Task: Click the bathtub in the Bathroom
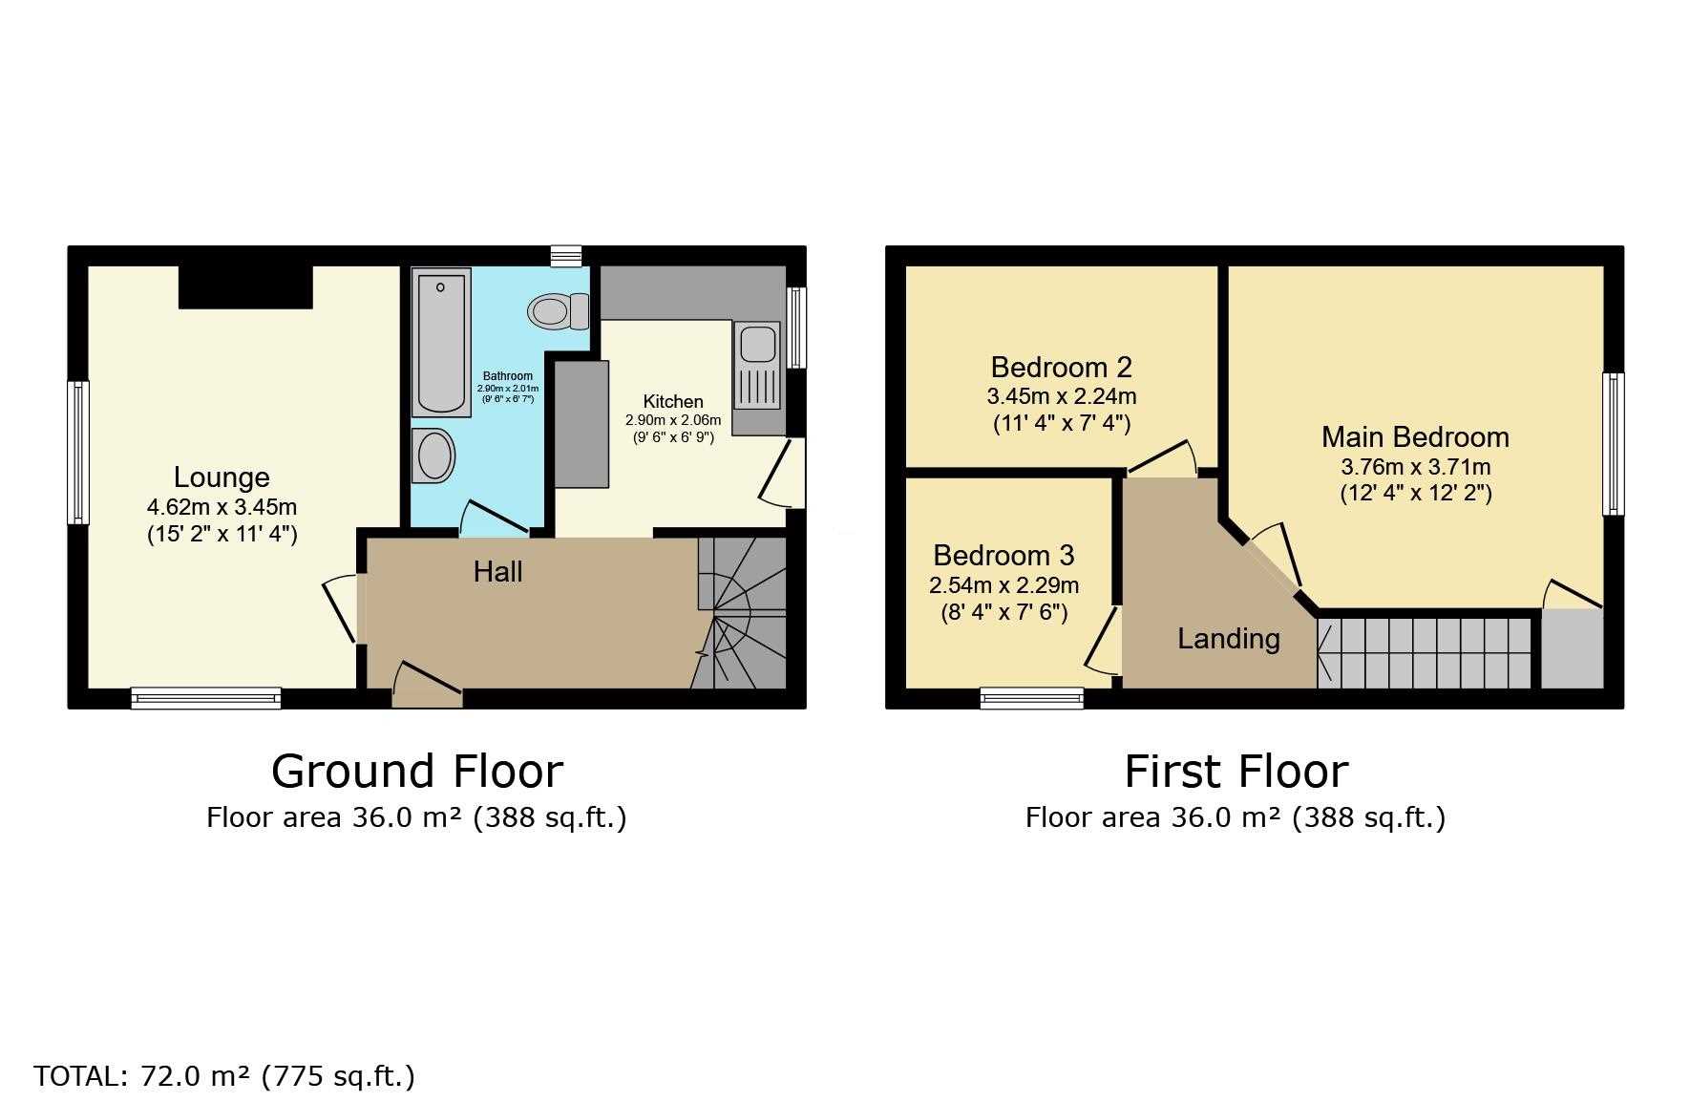(x=441, y=342)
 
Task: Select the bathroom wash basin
(x=435, y=455)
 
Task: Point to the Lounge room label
(x=222, y=477)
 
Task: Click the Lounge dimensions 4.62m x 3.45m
(x=222, y=507)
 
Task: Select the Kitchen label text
(x=673, y=402)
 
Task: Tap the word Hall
(x=497, y=571)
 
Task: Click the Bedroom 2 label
(x=1062, y=367)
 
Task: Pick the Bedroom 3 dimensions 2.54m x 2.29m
(x=1004, y=585)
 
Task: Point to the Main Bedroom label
(x=1415, y=437)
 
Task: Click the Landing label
(x=1229, y=639)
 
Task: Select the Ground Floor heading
(x=417, y=771)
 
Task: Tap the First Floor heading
(x=1236, y=771)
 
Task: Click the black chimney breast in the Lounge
(x=245, y=286)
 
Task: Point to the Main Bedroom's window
(x=1614, y=444)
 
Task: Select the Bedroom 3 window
(x=1032, y=699)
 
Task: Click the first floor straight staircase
(x=1425, y=653)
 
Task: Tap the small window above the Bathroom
(x=566, y=256)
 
